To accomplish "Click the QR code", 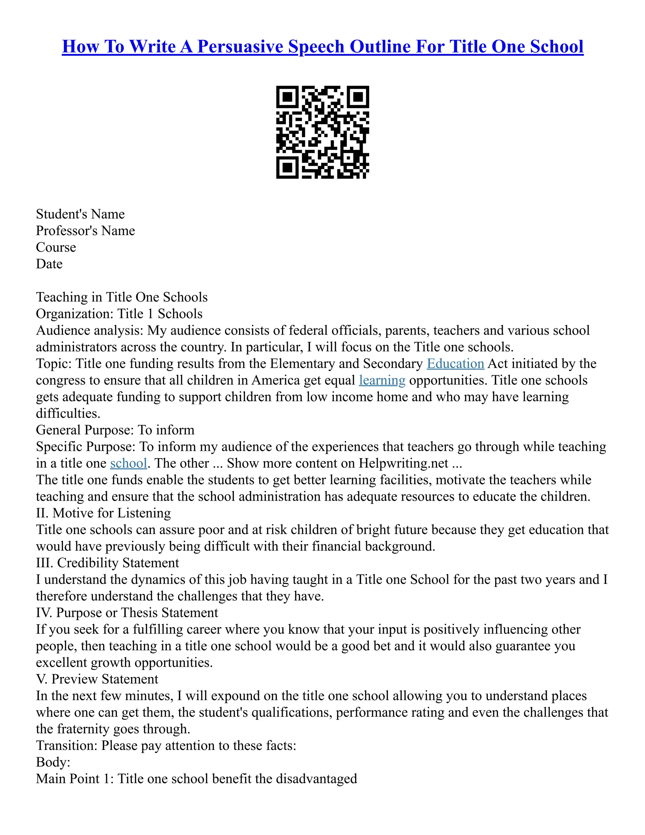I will pos(322,132).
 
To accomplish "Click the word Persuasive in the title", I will pos(242,47).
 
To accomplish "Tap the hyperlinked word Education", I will pos(455,364).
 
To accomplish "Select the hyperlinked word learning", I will pos(382,380).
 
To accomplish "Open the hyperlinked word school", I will pos(128,464).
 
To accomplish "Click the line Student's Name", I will pos(80,214).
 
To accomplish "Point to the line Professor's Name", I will pos(85,231).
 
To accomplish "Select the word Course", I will pos(56,247).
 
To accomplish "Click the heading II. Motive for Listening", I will pos(103,513).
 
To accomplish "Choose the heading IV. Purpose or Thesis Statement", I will pos(127,613).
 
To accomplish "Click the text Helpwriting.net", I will pos(403,464).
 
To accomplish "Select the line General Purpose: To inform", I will pos(115,430).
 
